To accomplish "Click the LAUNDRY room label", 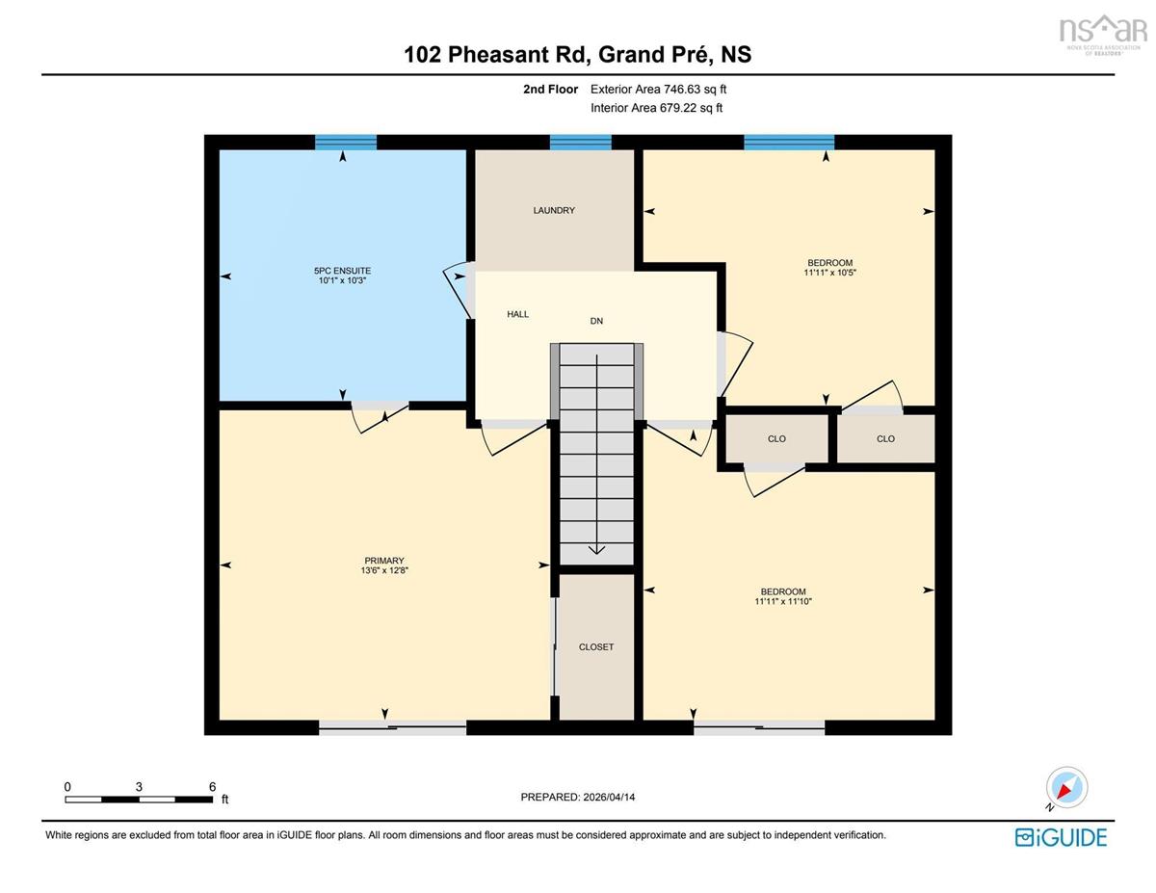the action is [554, 211].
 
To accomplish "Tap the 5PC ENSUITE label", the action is [343, 271].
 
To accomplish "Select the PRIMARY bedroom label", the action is [384, 561].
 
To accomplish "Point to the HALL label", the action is [517, 314].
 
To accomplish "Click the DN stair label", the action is [596, 321].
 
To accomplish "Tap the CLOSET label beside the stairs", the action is [595, 647].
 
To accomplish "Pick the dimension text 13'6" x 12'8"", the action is [384, 570].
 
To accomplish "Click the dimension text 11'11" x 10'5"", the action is [829, 273].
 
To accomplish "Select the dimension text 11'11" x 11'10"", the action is [783, 601].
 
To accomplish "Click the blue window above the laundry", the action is [580, 142].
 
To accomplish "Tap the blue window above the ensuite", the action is [346, 142].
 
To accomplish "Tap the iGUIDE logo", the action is [1061, 837].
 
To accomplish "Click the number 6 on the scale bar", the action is [212, 787].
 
